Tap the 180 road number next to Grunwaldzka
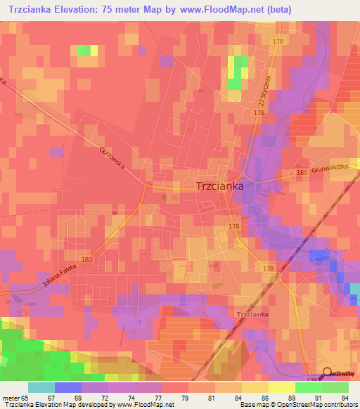point(302,172)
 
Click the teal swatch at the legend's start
point(41,387)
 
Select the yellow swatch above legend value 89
point(281,387)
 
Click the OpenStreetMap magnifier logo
point(327,374)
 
